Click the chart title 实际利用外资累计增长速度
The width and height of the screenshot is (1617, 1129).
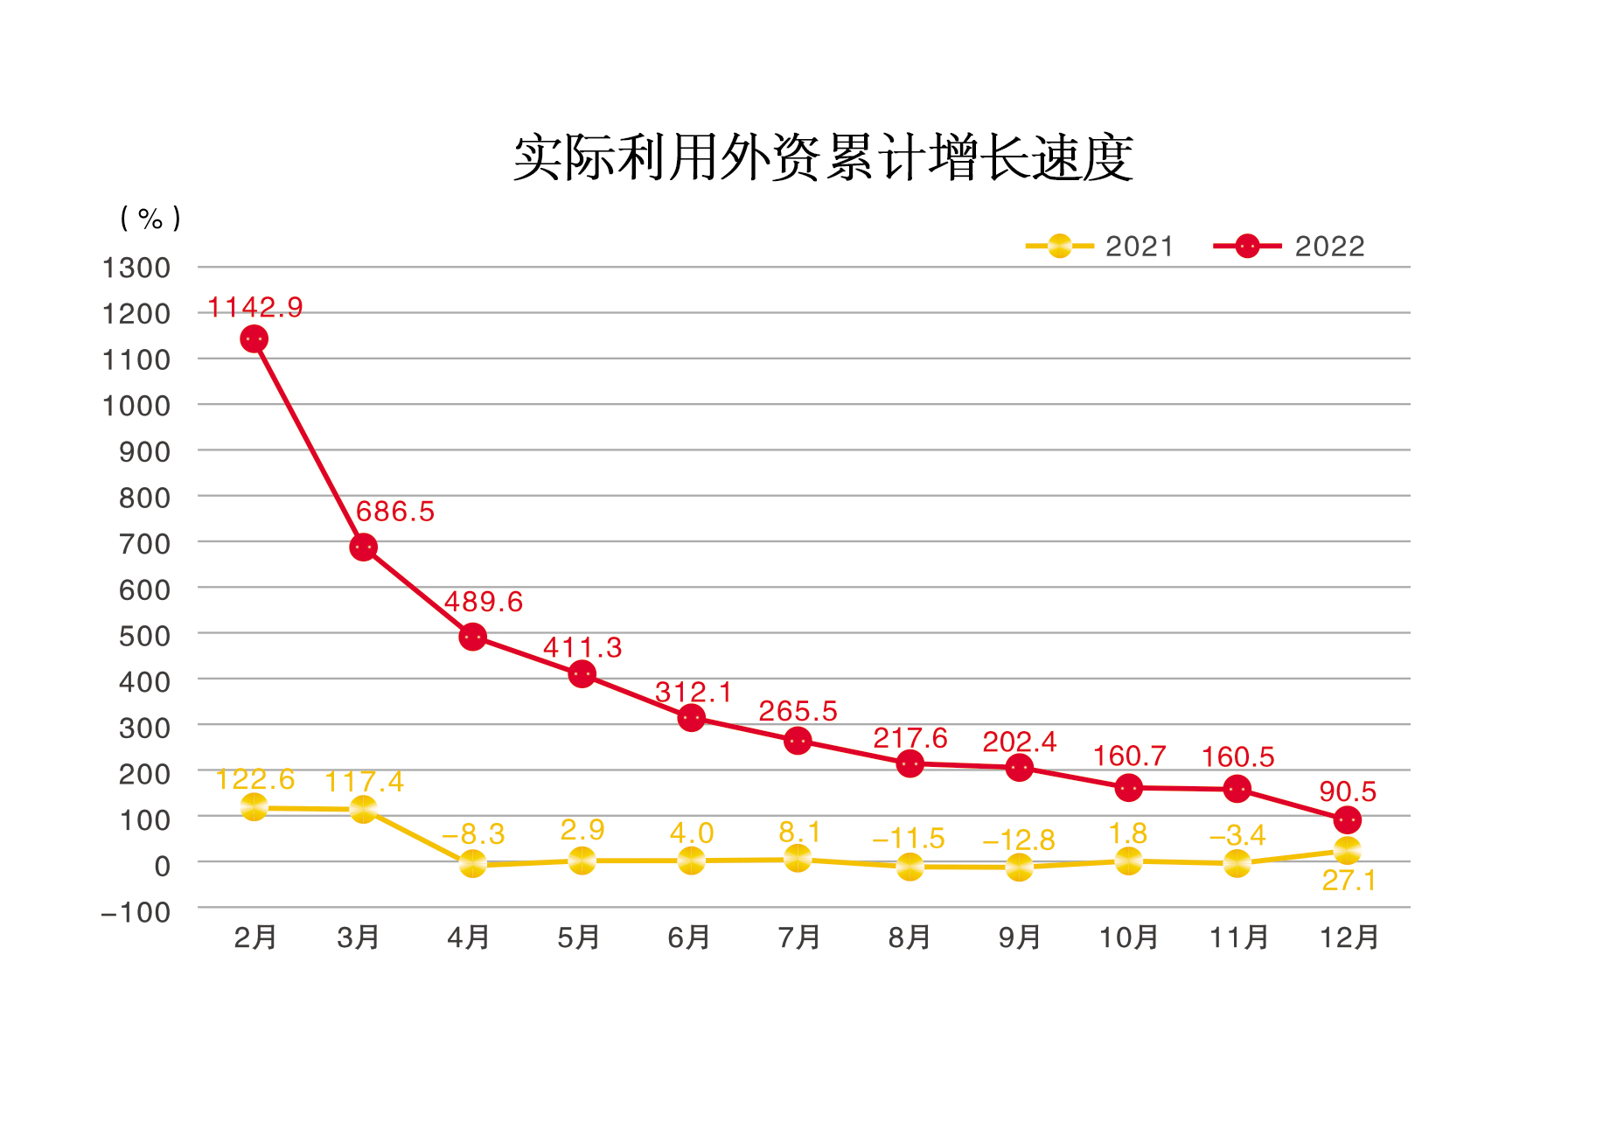[x=822, y=158]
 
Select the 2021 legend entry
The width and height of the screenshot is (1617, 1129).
[x=1100, y=247]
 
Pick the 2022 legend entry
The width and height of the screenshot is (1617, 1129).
[x=1289, y=247]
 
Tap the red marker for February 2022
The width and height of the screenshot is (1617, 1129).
[x=254, y=338]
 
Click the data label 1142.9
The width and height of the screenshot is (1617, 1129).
[x=255, y=307]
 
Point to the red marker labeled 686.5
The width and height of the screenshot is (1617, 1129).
[x=363, y=547]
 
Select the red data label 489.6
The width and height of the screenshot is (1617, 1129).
[x=483, y=602]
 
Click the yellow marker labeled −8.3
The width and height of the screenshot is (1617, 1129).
[x=472, y=864]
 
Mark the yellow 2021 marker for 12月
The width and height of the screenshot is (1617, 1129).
[x=1348, y=850]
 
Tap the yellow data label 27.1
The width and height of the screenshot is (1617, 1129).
[x=1349, y=881]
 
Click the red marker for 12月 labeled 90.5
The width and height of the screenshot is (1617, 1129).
[x=1348, y=820]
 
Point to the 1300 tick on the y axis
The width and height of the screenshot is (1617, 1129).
[x=136, y=268]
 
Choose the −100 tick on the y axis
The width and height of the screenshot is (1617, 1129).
[x=136, y=912]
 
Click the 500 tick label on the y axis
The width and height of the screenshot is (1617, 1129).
[x=144, y=636]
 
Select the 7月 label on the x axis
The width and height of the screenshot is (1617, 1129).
[x=798, y=937]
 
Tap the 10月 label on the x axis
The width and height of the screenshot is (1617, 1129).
[x=1128, y=937]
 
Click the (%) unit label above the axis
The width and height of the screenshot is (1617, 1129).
[x=150, y=218]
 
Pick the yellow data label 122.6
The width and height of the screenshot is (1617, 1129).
[x=255, y=778]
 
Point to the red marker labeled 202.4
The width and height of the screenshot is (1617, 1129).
[x=1019, y=768]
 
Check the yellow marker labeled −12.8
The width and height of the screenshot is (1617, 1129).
[x=1019, y=867]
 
